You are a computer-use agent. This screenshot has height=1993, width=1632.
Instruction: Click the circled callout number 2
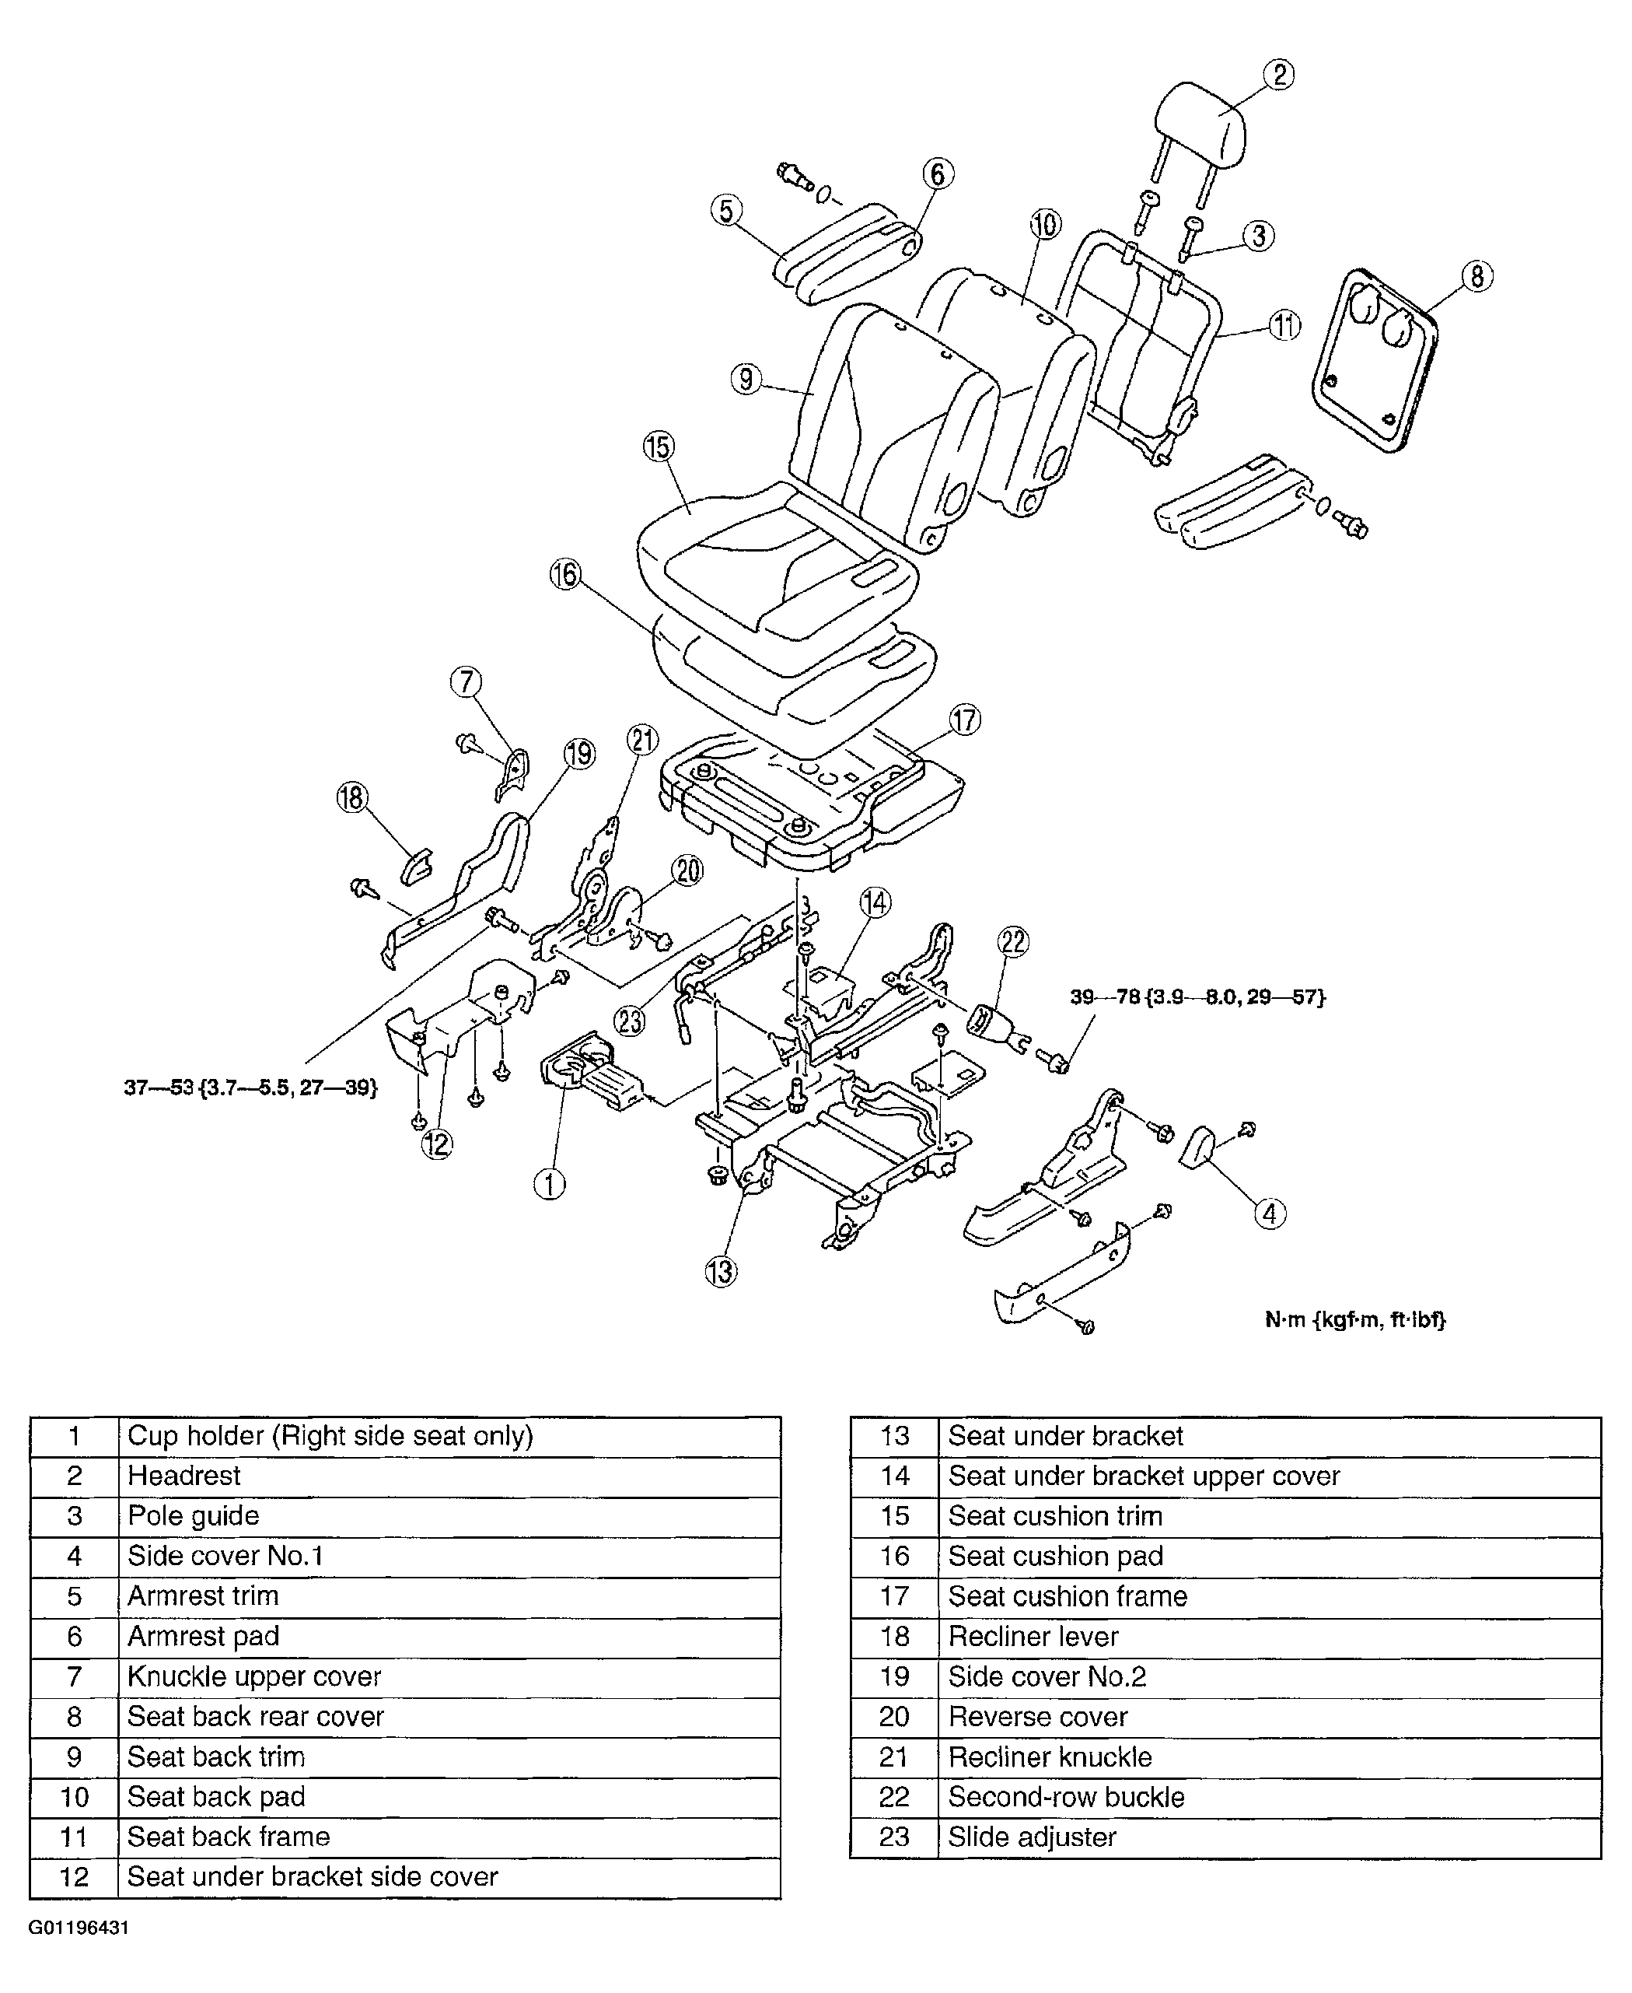pyautogui.click(x=1278, y=75)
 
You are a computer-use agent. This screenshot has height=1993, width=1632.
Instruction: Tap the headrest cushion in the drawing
pyautogui.click(x=1201, y=123)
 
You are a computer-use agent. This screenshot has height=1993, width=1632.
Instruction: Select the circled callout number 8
pyautogui.click(x=1476, y=276)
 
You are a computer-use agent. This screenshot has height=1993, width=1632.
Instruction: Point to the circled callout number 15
pyautogui.click(x=659, y=447)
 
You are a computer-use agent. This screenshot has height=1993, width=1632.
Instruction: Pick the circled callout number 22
pyautogui.click(x=1013, y=941)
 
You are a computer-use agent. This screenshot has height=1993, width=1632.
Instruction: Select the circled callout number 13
pyautogui.click(x=721, y=1272)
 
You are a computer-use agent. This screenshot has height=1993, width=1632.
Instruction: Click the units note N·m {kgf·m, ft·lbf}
pyautogui.click(x=1354, y=1319)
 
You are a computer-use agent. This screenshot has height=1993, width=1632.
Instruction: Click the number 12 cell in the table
pyautogui.click(x=75, y=1876)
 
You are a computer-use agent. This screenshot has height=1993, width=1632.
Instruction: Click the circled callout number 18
pyautogui.click(x=351, y=798)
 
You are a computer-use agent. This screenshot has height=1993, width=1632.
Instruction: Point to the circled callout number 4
pyautogui.click(x=1269, y=1214)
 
